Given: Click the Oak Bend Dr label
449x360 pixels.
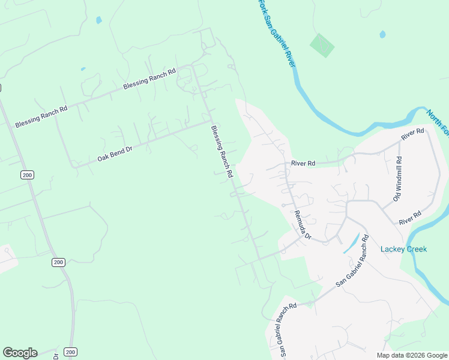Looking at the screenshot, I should (x=115, y=154).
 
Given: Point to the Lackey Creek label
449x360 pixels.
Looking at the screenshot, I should (x=403, y=249).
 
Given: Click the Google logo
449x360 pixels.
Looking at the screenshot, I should (x=20, y=353).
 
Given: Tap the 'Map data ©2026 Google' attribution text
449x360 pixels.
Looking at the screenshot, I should (x=412, y=355).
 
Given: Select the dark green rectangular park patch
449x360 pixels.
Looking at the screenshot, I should (x=322, y=45).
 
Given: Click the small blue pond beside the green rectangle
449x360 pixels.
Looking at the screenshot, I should (x=382, y=34).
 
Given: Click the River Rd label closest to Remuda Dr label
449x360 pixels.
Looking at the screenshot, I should (x=303, y=163).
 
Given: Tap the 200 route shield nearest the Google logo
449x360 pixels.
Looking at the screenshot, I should (x=71, y=352).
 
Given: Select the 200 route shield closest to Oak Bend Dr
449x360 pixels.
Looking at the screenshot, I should (x=26, y=175).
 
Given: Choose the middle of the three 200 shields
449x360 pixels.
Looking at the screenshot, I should (x=58, y=262).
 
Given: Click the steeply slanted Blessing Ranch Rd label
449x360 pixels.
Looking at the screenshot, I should (x=221, y=151).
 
